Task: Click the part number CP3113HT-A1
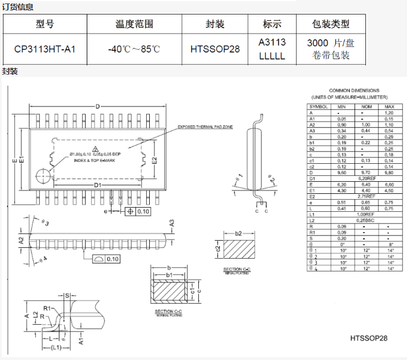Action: (45, 49)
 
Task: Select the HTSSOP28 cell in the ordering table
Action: (214, 49)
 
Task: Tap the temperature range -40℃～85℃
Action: (134, 49)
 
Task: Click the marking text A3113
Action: (272, 42)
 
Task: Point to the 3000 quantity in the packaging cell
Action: (317, 43)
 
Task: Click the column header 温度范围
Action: (134, 24)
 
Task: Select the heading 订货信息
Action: (17, 7)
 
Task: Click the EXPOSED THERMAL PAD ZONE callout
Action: (205, 127)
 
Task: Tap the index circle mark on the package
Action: (42, 175)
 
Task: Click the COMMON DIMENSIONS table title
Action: (354, 90)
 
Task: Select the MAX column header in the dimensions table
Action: (389, 107)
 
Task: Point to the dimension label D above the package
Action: (98, 106)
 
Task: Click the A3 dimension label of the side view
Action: (172, 223)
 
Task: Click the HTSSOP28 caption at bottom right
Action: (368, 338)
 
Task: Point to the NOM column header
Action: (365, 107)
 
